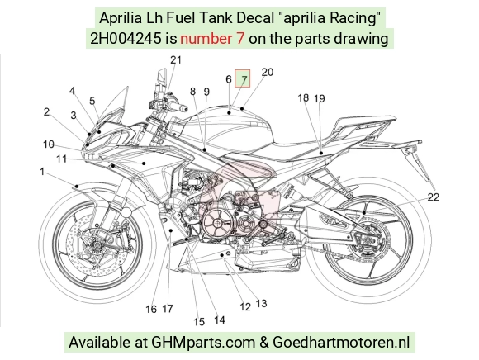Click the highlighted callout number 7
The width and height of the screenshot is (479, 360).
243,79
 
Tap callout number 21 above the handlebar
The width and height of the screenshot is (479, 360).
176,59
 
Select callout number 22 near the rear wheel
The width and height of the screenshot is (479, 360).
434,197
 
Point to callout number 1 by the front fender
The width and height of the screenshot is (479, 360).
42,172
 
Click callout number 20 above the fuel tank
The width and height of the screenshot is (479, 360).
268,73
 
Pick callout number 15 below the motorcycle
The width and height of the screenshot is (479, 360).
199,322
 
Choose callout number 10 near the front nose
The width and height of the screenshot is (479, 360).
49,144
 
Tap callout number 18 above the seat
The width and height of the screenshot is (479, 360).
303,97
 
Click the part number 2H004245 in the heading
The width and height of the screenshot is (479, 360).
126,39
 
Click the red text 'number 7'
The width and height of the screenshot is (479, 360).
212,39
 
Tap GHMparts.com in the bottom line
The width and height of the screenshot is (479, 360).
203,343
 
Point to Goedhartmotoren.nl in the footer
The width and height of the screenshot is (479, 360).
341,343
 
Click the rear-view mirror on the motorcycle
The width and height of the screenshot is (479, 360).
162,76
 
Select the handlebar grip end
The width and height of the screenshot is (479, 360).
184,108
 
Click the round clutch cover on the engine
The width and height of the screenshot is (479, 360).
217,223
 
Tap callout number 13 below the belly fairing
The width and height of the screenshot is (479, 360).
261,303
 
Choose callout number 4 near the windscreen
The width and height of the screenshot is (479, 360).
72,91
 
